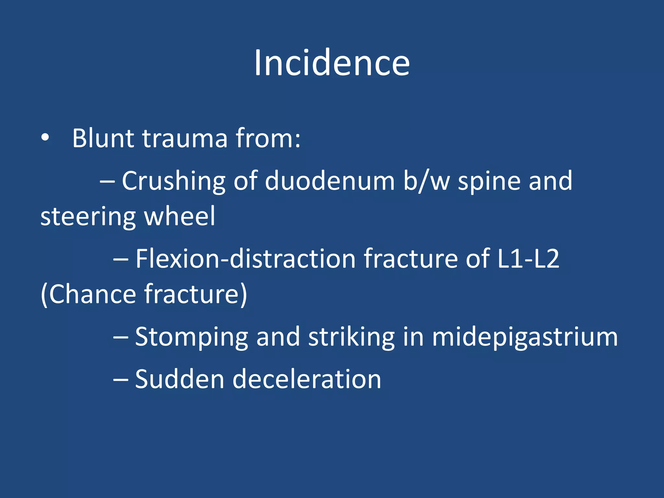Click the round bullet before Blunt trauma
tap(45, 138)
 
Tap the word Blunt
tap(103, 138)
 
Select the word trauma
tap(185, 138)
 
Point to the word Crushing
tap(173, 181)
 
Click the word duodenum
tap(329, 181)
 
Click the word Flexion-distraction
tap(245, 259)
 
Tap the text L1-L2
tap(528, 259)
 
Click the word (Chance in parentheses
tap(88, 294)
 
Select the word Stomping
tap(191, 337)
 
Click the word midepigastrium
tap(525, 337)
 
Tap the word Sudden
tap(180, 379)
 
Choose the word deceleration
tap(307, 379)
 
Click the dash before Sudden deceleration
tap(121, 379)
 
